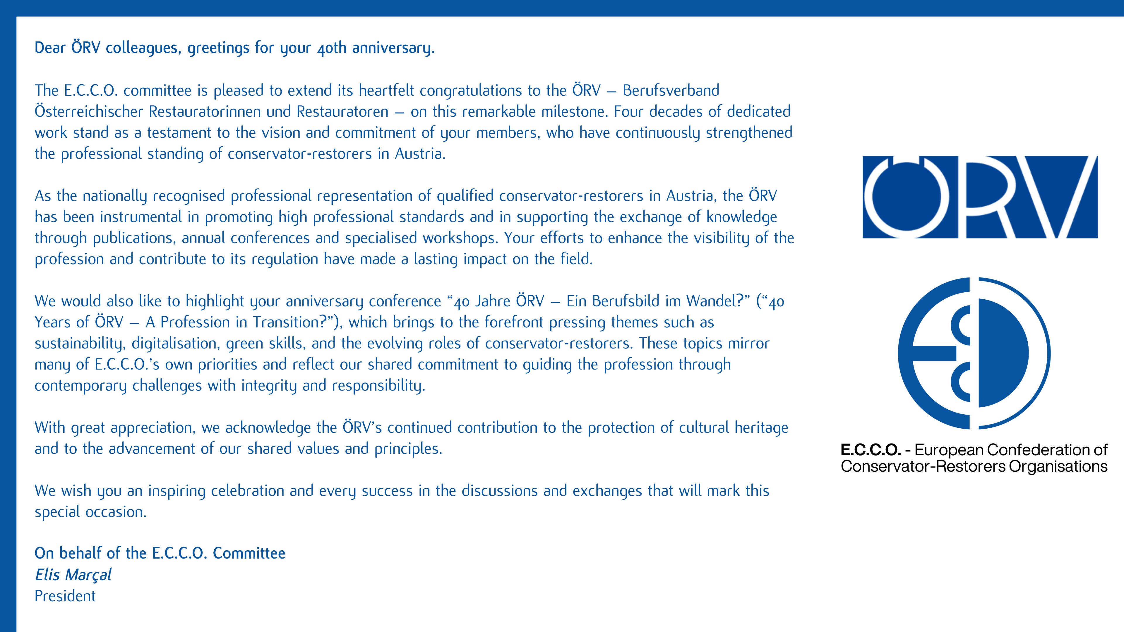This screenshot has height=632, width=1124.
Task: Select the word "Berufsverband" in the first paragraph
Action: coord(671,91)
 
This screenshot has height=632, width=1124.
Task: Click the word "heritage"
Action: coord(761,428)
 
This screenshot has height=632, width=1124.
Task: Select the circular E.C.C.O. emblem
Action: coord(974,353)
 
